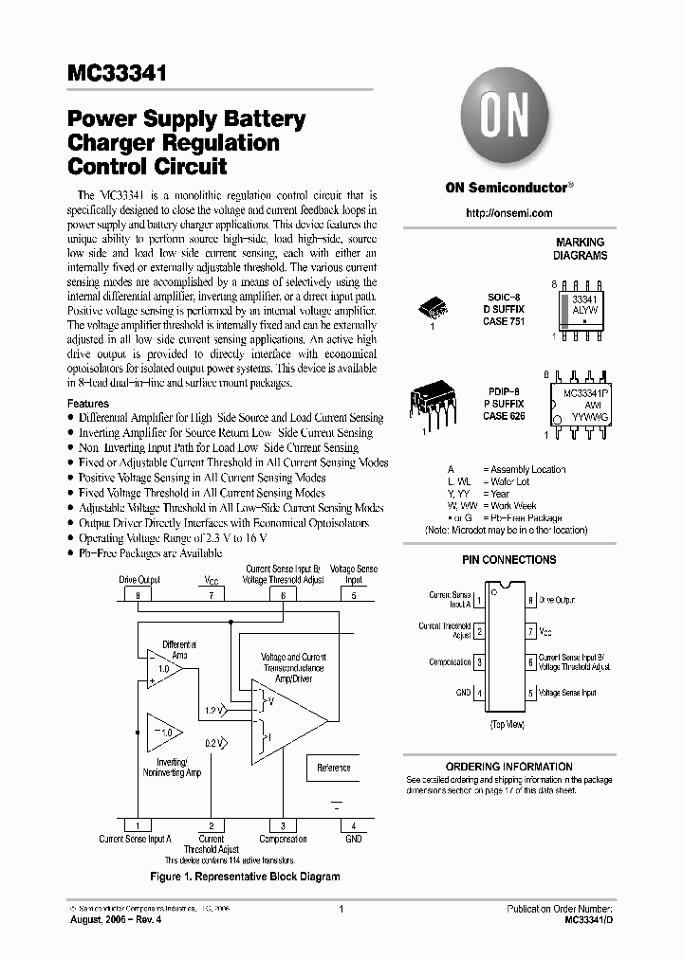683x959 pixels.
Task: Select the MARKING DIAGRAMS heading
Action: pyautogui.click(x=581, y=249)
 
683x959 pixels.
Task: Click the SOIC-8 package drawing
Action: pyautogui.click(x=434, y=307)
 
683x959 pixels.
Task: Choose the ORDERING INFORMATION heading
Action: pyautogui.click(x=509, y=767)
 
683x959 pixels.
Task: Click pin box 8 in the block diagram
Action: pyautogui.click(x=138, y=595)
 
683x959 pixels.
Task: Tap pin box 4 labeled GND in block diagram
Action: pyautogui.click(x=352, y=825)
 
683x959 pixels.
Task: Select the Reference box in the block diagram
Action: pyautogui.click(x=333, y=768)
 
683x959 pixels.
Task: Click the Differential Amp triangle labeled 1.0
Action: pyautogui.click(x=165, y=669)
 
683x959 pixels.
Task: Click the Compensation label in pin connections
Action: pyautogui.click(x=450, y=662)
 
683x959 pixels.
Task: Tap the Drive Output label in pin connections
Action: pyautogui.click(x=557, y=600)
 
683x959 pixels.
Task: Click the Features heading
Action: pyautogui.click(x=88, y=403)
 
